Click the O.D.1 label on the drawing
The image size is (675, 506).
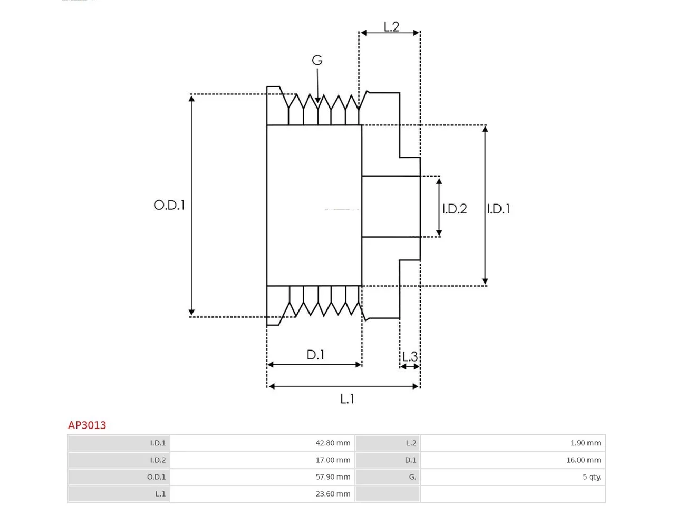pyautogui.click(x=169, y=205)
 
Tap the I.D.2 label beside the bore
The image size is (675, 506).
pyautogui.click(x=454, y=209)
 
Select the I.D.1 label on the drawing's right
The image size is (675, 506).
pyautogui.click(x=498, y=209)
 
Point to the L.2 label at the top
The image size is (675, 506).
pyautogui.click(x=391, y=27)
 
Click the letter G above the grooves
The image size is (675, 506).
pyautogui.click(x=317, y=60)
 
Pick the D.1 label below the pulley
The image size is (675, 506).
pyautogui.click(x=315, y=355)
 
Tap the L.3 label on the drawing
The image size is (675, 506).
pyautogui.click(x=410, y=356)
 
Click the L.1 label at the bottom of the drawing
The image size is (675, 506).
pyautogui.click(x=347, y=399)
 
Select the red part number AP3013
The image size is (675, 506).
pyautogui.click(x=87, y=425)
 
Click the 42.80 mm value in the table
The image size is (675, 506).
pyautogui.click(x=333, y=443)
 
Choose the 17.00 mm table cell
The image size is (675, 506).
pyautogui.click(x=333, y=460)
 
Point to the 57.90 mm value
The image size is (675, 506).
pyautogui.click(x=333, y=477)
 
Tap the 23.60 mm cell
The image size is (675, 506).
pyautogui.click(x=333, y=494)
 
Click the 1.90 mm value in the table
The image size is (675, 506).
pyautogui.click(x=585, y=443)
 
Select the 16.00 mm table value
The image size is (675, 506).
pyautogui.click(x=584, y=460)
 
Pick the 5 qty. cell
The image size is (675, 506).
pyautogui.click(x=592, y=477)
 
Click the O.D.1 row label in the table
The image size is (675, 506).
pyautogui.click(x=156, y=477)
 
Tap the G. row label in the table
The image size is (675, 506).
pyautogui.click(x=412, y=477)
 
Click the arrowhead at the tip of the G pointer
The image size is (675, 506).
pyautogui.click(x=317, y=100)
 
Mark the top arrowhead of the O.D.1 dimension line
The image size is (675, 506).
pyautogui.click(x=191, y=99)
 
